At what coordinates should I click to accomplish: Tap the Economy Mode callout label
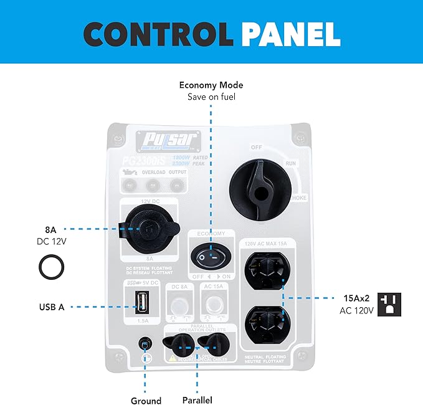click(211, 85)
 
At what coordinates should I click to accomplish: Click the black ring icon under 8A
click(50, 268)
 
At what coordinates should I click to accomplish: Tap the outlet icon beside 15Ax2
click(389, 304)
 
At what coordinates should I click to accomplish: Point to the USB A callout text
click(51, 307)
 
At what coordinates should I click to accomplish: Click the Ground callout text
click(146, 401)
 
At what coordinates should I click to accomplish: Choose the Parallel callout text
click(197, 401)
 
